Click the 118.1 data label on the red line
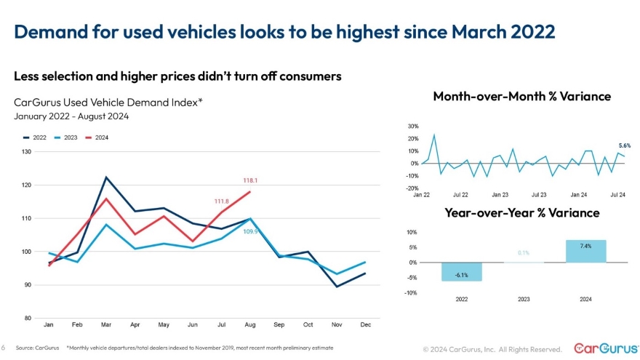click(250, 180)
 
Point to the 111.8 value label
click(222, 201)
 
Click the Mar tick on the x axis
click(106, 324)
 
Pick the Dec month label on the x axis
click(365, 324)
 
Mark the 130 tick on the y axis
click(27, 151)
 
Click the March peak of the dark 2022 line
click(106, 177)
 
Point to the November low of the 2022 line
click(336, 287)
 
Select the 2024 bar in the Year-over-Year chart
click(585, 251)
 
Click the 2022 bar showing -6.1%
click(461, 271)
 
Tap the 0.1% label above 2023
click(523, 253)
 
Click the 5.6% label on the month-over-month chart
click(624, 145)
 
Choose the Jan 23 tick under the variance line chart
click(500, 195)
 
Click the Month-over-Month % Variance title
click(521, 96)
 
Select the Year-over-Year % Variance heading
click(521, 212)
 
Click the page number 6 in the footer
click(4, 348)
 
